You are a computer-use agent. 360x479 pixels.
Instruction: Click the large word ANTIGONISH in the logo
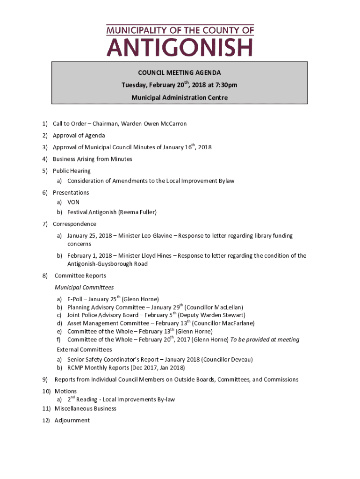point(180,48)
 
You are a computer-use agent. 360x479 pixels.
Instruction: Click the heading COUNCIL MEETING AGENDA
point(179,73)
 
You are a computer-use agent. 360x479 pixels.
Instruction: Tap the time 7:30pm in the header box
point(225,85)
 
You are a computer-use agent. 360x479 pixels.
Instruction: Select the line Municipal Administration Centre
point(179,98)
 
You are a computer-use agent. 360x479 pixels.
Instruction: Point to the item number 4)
point(45,159)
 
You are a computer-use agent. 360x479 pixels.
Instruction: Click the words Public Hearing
point(72,171)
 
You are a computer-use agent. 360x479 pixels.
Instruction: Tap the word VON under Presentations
point(73,202)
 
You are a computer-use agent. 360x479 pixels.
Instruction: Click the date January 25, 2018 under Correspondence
point(90,236)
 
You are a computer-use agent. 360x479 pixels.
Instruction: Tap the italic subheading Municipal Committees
point(84,287)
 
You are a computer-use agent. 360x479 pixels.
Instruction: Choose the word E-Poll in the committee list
point(75,299)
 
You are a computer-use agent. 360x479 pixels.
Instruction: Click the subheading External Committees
point(85,349)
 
